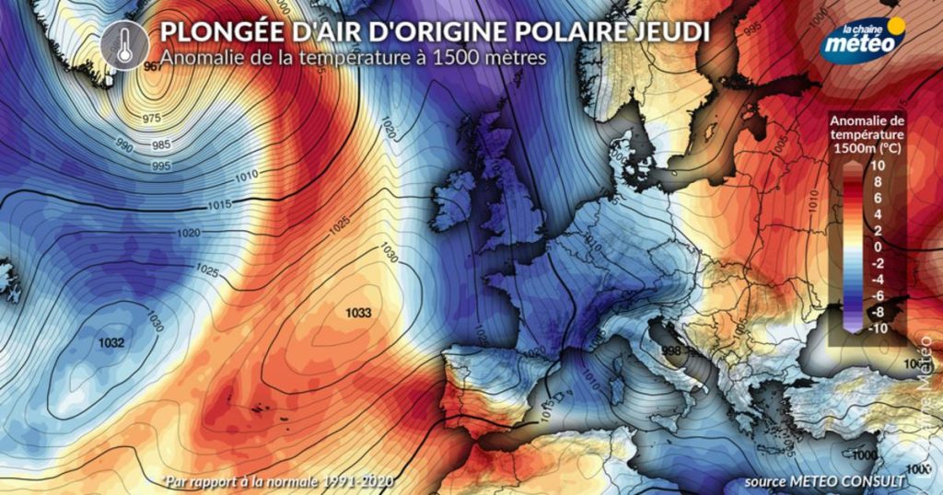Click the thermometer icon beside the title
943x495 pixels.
pyautogui.click(x=124, y=43)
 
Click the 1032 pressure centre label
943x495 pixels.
pyautogui.click(x=111, y=342)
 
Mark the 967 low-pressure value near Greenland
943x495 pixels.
pyautogui.click(x=153, y=67)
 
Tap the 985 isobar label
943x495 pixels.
pyautogui.click(x=161, y=145)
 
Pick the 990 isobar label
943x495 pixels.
pyautogui.click(x=123, y=147)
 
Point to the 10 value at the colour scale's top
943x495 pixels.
pyautogui.click(x=877, y=165)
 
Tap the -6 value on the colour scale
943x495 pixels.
pyautogui.click(x=877, y=295)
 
